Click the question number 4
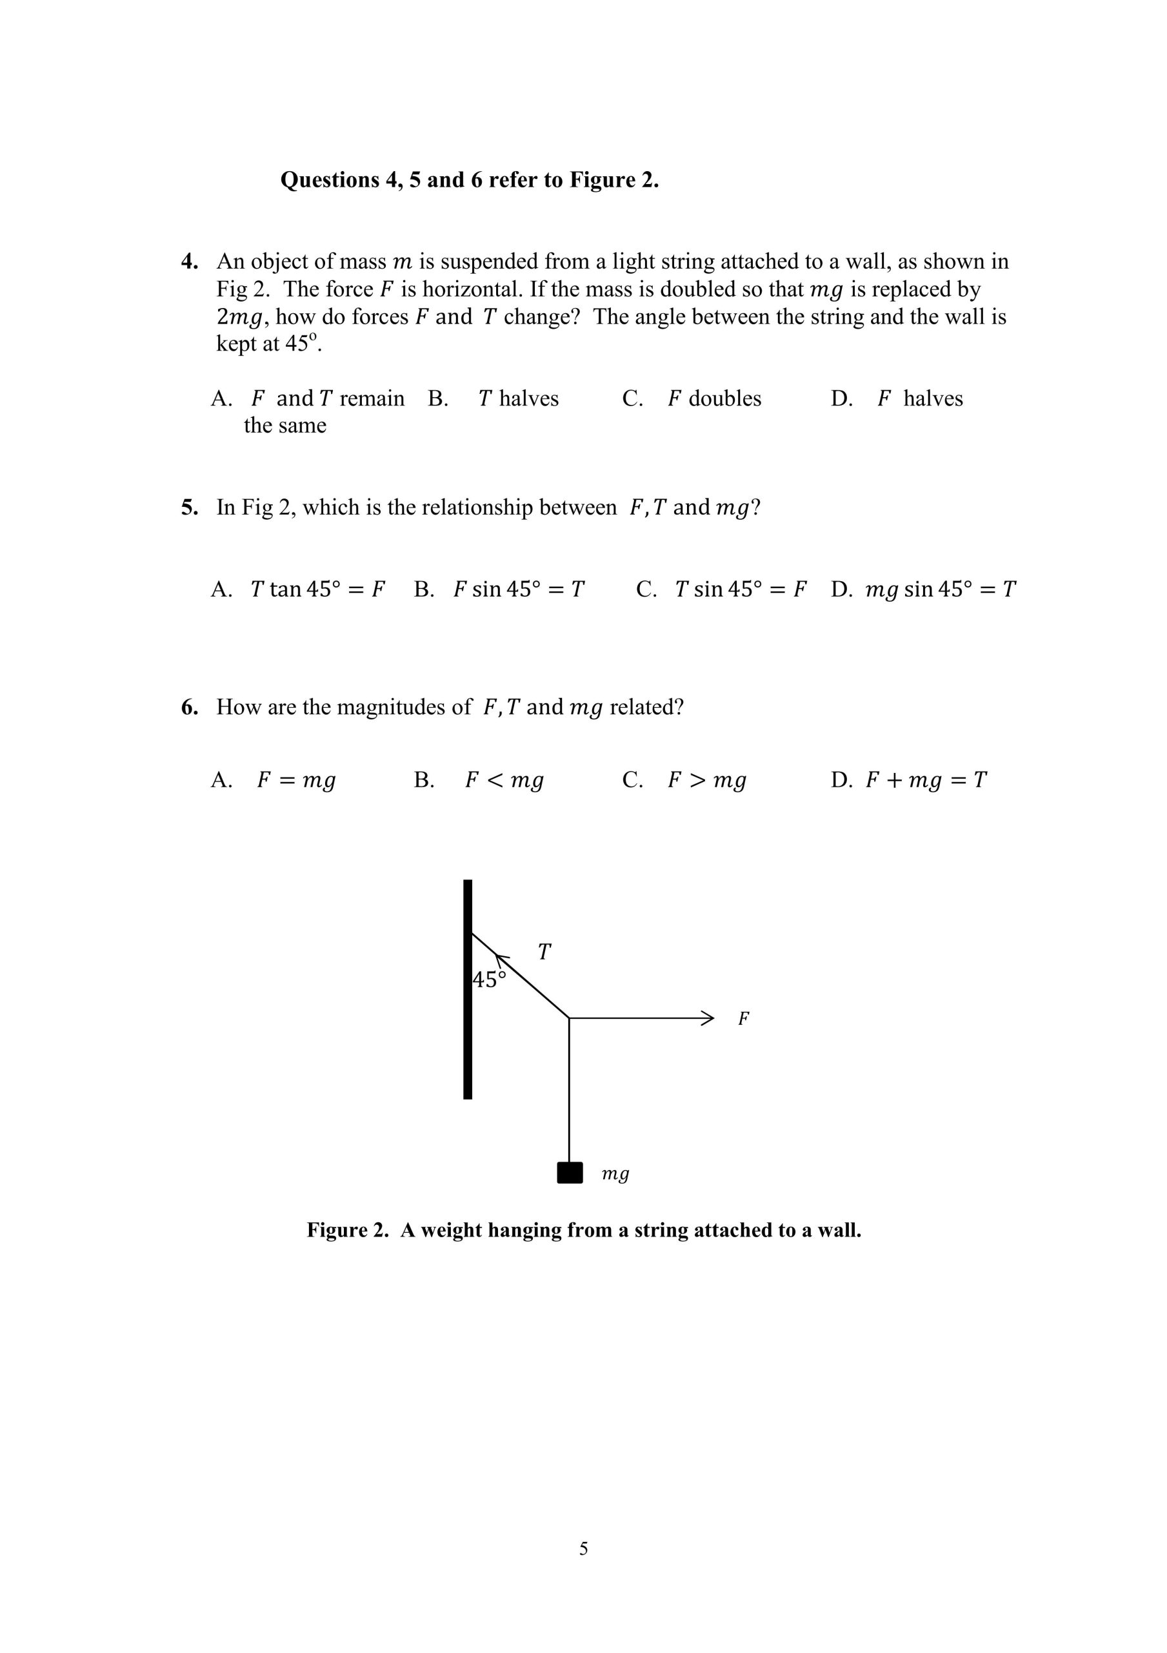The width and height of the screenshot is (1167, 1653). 188,262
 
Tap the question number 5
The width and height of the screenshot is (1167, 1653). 188,508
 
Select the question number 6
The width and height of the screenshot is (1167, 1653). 188,707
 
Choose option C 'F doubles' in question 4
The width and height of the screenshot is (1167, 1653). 692,399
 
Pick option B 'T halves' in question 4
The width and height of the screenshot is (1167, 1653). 494,399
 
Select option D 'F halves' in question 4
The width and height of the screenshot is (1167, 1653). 897,399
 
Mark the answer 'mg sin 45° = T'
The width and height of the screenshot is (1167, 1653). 923,590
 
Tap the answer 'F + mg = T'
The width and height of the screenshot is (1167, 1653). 909,780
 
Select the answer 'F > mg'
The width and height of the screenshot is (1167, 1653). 684,780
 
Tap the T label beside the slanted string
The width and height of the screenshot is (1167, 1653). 544,952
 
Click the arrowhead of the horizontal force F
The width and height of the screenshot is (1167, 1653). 708,1018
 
